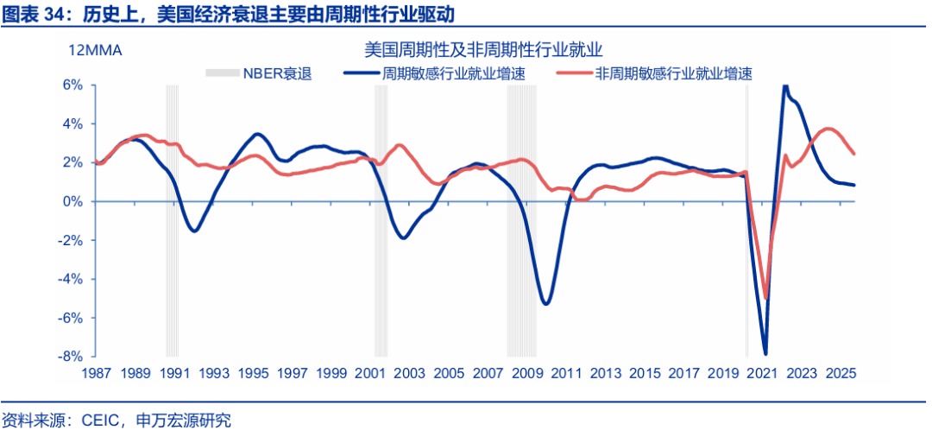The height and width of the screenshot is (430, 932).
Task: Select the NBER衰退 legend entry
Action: (x=258, y=73)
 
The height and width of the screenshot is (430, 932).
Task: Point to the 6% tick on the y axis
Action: (x=72, y=85)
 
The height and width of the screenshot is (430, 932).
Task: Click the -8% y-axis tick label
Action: (x=70, y=357)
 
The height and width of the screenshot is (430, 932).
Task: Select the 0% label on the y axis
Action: (x=72, y=201)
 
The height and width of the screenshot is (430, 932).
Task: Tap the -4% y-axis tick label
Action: (x=70, y=279)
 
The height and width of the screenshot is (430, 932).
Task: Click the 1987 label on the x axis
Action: (x=96, y=373)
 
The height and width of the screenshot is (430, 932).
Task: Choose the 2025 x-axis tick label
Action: (x=841, y=373)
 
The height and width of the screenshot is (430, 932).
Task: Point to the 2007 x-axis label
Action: (x=487, y=373)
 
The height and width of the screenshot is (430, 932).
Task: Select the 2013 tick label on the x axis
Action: (x=605, y=373)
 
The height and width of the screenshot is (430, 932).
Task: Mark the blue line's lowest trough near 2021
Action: (x=765, y=353)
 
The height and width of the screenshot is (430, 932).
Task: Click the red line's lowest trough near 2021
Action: (x=766, y=298)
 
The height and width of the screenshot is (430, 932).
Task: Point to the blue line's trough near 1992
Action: (x=196, y=231)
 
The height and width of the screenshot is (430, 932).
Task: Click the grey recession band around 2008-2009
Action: (x=521, y=220)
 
